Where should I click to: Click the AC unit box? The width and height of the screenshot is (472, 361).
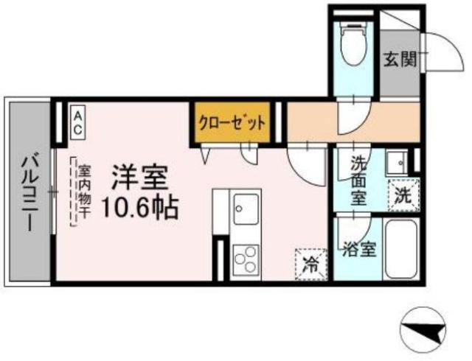point(78,122)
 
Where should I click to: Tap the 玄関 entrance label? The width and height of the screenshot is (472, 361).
point(400,59)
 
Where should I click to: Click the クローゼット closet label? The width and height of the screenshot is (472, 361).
point(232,123)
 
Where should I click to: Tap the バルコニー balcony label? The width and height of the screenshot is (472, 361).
point(30,192)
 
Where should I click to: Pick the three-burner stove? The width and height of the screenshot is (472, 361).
point(246,259)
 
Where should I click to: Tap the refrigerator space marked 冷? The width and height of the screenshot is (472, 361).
point(311,264)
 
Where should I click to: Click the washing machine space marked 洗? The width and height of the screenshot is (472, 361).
point(403,195)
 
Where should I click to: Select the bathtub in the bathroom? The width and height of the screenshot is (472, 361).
point(400,249)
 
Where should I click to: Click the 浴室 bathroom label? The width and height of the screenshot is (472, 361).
point(359,249)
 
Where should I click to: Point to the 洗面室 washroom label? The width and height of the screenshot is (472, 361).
point(359,181)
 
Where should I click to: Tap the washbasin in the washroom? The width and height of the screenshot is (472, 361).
point(398,162)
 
